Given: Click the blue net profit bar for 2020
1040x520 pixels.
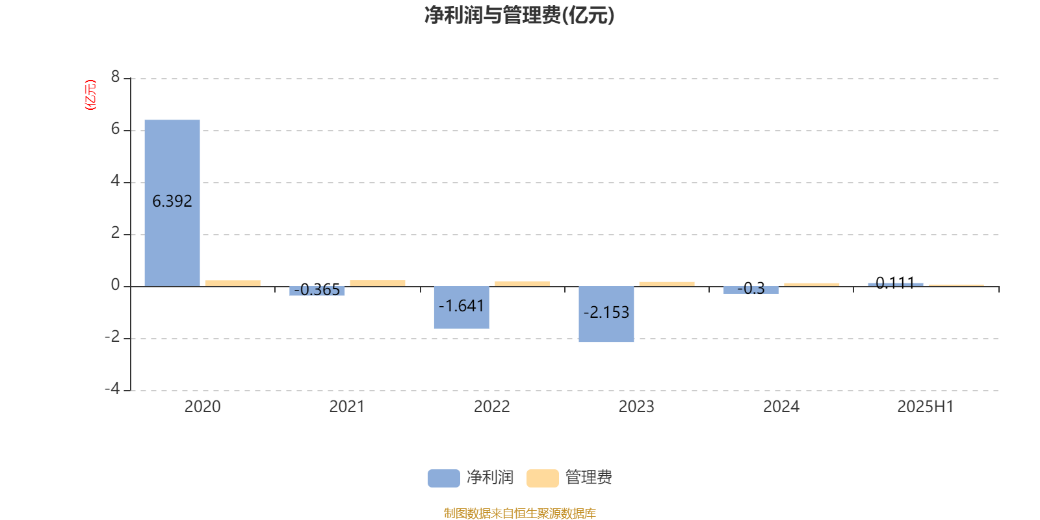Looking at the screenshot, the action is click(x=172, y=203).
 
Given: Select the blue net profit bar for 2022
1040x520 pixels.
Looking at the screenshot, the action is click(x=461, y=307).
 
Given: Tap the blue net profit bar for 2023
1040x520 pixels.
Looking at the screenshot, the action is click(x=606, y=314).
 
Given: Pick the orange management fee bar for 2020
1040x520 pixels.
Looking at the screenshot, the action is click(x=233, y=283).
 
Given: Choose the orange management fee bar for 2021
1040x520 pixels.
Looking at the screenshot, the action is click(x=378, y=283).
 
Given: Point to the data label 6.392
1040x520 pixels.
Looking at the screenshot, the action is click(x=172, y=201).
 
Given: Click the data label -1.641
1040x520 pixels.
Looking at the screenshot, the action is click(x=461, y=305).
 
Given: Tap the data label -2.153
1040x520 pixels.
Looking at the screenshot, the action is click(x=606, y=312).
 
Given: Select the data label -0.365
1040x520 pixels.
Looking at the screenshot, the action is click(x=317, y=289).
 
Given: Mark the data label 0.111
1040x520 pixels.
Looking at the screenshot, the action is click(x=895, y=283).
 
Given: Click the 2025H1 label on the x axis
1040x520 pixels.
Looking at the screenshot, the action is click(x=926, y=407).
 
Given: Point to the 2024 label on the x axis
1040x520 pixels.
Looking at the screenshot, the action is click(x=781, y=407).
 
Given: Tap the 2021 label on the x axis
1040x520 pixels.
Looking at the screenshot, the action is click(x=347, y=407).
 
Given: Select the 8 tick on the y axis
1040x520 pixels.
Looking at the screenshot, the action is click(x=115, y=77).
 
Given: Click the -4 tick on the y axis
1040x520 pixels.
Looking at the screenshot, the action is click(x=112, y=389).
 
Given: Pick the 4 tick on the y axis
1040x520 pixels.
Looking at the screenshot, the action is click(x=115, y=181).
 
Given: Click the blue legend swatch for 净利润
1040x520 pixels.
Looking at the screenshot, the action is click(x=444, y=478).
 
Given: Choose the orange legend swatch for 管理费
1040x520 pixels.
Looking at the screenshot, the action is click(x=542, y=478).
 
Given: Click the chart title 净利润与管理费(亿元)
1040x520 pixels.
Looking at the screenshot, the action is click(x=519, y=15).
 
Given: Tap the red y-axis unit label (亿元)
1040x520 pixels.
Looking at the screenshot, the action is click(x=90, y=95).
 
